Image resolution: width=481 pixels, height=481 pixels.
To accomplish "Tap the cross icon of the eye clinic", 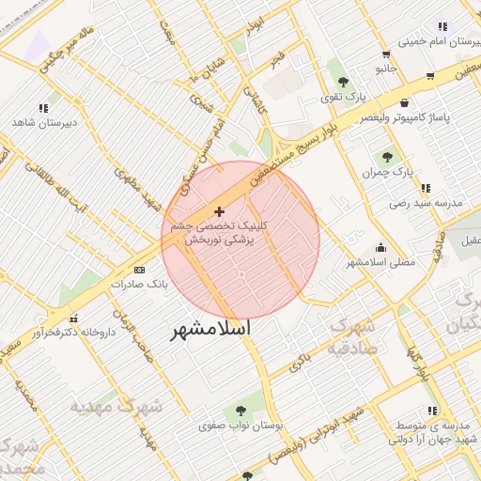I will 220,212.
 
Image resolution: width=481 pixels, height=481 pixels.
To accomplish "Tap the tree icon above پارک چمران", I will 387,157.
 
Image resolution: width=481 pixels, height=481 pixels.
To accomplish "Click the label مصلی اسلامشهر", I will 380,262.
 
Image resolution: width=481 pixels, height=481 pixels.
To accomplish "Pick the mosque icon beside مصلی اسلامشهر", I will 380,247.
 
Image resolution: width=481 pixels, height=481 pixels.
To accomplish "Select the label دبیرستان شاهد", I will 43,122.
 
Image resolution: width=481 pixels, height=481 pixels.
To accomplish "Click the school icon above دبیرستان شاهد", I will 43,108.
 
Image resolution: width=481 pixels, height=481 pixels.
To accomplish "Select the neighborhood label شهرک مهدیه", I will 116,406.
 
